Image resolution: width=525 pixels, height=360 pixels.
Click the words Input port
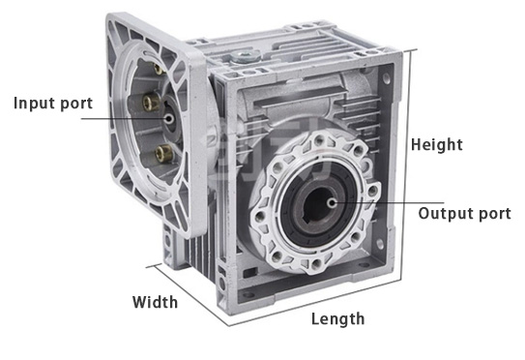pyautogui.click(x=54, y=103)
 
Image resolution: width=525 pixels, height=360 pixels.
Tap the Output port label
pyautogui.click(x=464, y=213)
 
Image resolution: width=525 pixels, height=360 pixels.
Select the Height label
pyautogui.click(x=437, y=144)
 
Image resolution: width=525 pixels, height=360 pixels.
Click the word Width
pyautogui.click(x=155, y=302)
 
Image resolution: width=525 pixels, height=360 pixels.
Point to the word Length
pyautogui.click(x=337, y=318)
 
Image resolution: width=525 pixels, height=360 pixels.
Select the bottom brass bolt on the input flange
pyautogui.click(x=164, y=151)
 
